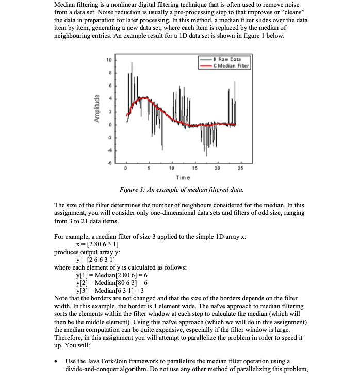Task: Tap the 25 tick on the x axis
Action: coord(239,168)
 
